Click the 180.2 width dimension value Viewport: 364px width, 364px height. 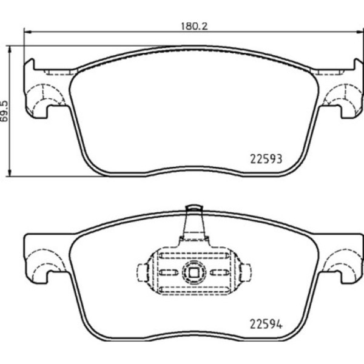(194, 26)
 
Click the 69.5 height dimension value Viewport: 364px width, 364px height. (4, 111)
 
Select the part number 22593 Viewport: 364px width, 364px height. (266, 159)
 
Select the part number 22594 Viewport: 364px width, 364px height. (266, 325)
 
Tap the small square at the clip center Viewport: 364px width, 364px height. (194, 272)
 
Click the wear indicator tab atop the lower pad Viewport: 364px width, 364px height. (194, 221)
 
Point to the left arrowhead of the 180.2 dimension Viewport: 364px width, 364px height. (27, 32)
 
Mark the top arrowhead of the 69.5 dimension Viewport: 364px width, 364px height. (10, 49)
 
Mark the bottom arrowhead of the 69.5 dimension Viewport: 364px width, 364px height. (10, 173)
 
